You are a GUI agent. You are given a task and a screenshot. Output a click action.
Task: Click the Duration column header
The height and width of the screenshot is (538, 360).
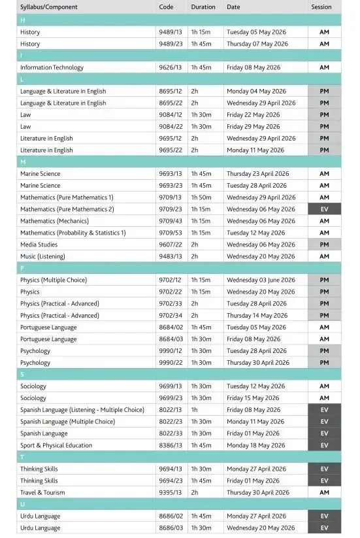point(203,7)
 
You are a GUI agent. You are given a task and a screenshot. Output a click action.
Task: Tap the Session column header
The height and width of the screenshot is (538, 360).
point(321,7)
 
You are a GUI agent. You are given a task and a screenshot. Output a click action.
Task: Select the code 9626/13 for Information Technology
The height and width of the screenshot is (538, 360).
point(171,67)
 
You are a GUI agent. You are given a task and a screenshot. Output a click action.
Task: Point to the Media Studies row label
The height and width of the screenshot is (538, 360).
point(39,244)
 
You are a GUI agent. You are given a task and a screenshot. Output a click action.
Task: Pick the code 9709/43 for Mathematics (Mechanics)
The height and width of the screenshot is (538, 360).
point(171,221)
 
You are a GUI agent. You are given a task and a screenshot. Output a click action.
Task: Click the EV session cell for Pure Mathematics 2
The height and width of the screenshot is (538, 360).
point(324,209)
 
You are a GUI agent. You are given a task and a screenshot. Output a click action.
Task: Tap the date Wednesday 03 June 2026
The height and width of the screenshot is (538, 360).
point(261,280)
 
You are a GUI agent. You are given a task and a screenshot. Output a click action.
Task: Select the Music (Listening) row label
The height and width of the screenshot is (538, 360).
point(42,256)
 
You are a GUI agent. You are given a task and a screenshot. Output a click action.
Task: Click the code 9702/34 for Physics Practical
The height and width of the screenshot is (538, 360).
point(171,315)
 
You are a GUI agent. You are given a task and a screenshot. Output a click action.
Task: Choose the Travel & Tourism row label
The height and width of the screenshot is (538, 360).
point(42,492)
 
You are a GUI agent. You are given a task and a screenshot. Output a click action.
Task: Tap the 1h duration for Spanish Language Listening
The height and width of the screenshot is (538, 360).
point(195,410)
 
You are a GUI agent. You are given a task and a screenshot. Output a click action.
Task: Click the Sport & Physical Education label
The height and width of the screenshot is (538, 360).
point(56,445)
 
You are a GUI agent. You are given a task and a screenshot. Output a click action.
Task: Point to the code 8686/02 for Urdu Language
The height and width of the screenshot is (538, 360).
point(171,516)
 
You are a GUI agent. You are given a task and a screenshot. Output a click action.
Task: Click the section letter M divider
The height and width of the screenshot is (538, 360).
point(24,161)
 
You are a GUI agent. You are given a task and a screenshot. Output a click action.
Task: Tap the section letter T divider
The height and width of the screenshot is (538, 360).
point(23,457)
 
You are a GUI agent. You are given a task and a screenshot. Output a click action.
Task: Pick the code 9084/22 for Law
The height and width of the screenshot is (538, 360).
point(171,127)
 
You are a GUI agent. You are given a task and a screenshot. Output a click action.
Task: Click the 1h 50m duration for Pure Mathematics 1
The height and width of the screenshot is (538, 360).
point(202,197)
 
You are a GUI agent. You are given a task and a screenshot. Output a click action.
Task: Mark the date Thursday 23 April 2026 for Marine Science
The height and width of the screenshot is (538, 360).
point(259,174)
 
